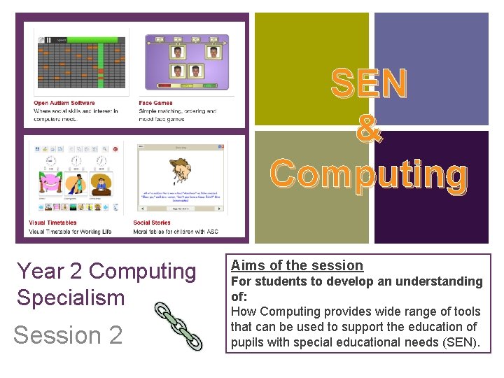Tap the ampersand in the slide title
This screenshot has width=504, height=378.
click(x=369, y=129)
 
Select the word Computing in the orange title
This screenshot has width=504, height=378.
click(x=369, y=174)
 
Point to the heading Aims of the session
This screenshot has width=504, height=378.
click(x=297, y=265)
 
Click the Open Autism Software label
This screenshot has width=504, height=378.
click(x=64, y=104)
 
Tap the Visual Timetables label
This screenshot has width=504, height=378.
click(x=52, y=223)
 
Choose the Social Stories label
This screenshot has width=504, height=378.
click(x=152, y=223)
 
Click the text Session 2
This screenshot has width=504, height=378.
click(x=68, y=335)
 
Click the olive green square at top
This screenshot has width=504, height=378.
click(x=311, y=70)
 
